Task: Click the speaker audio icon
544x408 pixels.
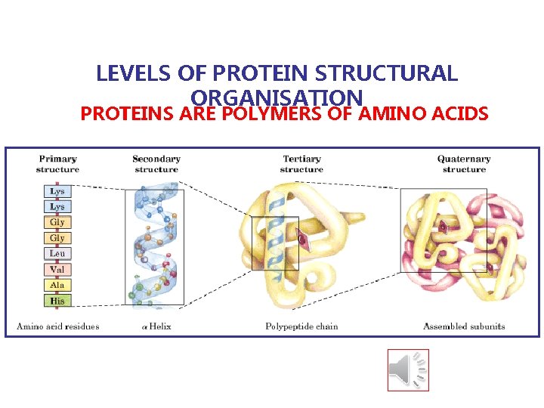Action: tap(408, 369)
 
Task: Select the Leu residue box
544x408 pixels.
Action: tap(57, 254)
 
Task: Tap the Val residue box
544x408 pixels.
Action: tap(57, 270)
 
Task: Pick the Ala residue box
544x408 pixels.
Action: tap(57, 285)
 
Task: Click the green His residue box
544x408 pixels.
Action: tap(57, 301)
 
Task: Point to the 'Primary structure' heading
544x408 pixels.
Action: tap(57, 164)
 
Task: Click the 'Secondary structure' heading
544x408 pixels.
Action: tap(156, 164)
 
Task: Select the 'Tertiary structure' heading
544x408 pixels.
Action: tap(301, 164)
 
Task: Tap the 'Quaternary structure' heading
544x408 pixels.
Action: tap(464, 164)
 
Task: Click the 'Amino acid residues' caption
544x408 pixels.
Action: tap(58, 326)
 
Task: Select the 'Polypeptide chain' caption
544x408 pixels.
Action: tap(301, 326)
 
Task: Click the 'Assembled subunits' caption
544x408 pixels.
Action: tap(464, 326)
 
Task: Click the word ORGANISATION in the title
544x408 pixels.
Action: tap(278, 97)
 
